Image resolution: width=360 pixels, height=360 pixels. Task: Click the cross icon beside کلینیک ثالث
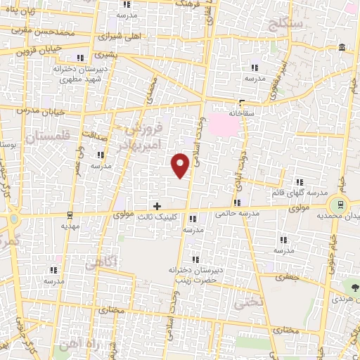click(157, 206)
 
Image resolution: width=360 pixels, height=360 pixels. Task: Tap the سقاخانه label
click(243, 112)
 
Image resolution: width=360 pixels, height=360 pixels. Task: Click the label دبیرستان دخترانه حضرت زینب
click(194, 274)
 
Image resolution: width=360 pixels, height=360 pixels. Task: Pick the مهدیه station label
click(69, 226)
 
